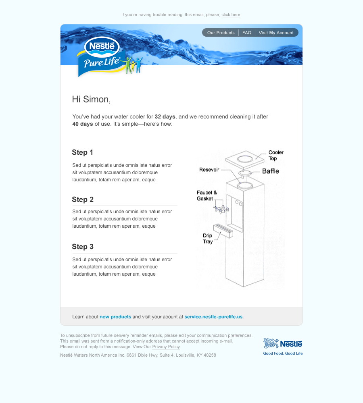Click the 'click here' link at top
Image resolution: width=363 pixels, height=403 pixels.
point(231,15)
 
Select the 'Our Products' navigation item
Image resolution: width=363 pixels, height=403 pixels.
point(221,33)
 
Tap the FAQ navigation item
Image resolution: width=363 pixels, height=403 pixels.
point(247,33)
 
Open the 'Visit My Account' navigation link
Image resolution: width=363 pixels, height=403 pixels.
point(276,33)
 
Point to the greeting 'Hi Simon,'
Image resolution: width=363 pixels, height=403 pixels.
point(91,99)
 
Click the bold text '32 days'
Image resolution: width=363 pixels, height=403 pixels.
point(165,117)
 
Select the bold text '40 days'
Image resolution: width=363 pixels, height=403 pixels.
point(83,124)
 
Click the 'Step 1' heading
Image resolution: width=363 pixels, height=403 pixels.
point(83,152)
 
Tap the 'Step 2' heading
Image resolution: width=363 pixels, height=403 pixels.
point(83,199)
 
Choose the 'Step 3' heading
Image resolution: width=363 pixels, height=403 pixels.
point(83,247)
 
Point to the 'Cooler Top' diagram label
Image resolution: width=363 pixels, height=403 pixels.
point(276,155)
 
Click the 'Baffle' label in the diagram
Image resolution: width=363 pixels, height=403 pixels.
point(270,171)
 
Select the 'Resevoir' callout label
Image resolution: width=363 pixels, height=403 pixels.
point(209,170)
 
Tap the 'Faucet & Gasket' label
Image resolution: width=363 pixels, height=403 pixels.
point(207,195)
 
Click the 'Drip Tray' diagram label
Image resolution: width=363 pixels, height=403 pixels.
point(207,239)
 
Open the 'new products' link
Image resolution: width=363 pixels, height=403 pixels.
point(115,317)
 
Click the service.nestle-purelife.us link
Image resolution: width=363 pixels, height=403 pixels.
point(214,317)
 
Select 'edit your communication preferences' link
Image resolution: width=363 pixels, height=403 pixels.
point(215,335)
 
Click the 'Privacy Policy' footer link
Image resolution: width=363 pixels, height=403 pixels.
point(166,347)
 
